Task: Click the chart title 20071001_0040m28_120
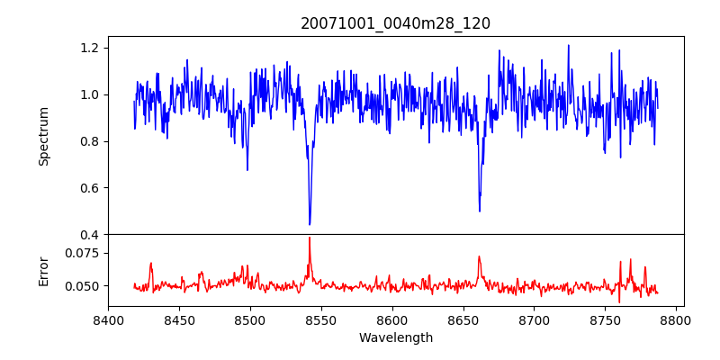click(x=395, y=23)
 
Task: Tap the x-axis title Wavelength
click(x=395, y=338)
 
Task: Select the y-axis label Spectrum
click(x=43, y=136)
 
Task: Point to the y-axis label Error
click(x=43, y=270)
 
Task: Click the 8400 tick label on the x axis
click(x=108, y=319)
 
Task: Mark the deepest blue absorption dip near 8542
click(x=310, y=224)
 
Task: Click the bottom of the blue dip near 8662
click(x=480, y=211)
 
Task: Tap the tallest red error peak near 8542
click(x=310, y=238)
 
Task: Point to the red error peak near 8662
click(x=480, y=256)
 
